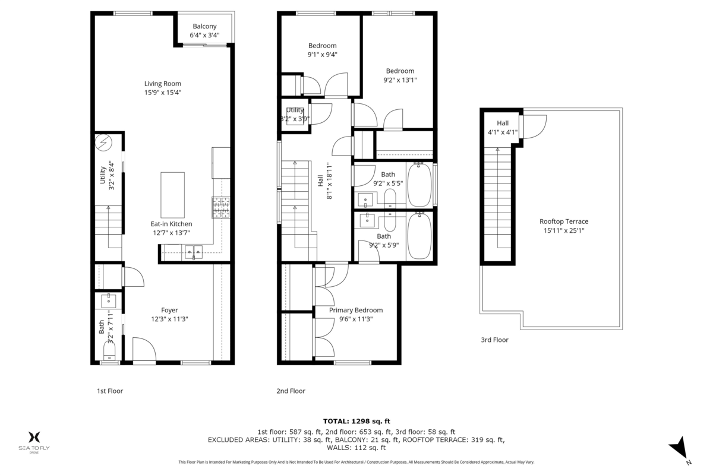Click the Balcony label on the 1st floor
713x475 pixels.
pyautogui.click(x=204, y=26)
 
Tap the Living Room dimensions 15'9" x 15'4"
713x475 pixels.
pyautogui.click(x=162, y=93)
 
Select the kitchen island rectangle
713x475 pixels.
pyautogui.click(x=173, y=194)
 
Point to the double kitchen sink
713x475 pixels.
pyautogui.click(x=193, y=253)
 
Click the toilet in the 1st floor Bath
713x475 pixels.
pyautogui.click(x=110, y=356)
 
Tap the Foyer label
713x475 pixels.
pyautogui.click(x=169, y=310)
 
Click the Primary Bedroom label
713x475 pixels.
pyautogui.click(x=356, y=310)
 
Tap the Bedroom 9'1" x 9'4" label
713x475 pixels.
pyautogui.click(x=322, y=46)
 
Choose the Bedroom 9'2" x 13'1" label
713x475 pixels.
pyautogui.click(x=400, y=71)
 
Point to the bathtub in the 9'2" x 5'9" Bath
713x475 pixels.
pyautogui.click(x=419, y=236)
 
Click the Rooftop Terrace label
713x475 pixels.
pyautogui.click(x=564, y=221)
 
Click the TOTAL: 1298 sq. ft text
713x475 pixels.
pyautogui.click(x=356, y=421)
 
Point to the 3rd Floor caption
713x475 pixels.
pyautogui.click(x=494, y=340)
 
